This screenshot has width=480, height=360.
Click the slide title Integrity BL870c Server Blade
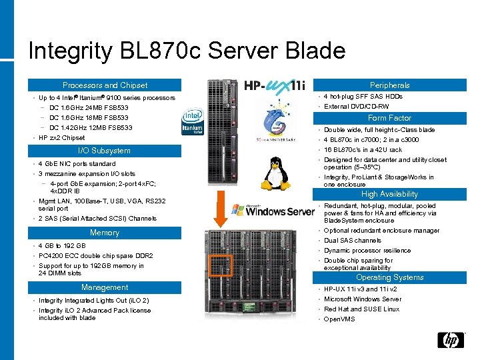(187, 51)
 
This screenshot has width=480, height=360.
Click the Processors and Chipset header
(105, 85)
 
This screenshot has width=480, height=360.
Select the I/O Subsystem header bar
(105, 151)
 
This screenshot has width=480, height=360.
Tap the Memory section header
(105, 233)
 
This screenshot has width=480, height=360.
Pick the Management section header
(105, 287)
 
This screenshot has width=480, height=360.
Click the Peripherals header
(390, 85)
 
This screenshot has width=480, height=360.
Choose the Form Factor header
(390, 118)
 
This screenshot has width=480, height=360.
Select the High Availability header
(390, 194)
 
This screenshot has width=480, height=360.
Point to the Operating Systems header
(390, 277)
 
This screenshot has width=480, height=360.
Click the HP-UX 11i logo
(274, 86)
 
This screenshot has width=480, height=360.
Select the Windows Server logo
(273, 210)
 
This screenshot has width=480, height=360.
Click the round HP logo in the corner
(451, 341)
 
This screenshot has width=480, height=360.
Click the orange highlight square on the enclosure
(221, 266)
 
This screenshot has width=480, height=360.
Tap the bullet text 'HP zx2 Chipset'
(62, 138)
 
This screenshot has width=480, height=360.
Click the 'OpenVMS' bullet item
(340, 319)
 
